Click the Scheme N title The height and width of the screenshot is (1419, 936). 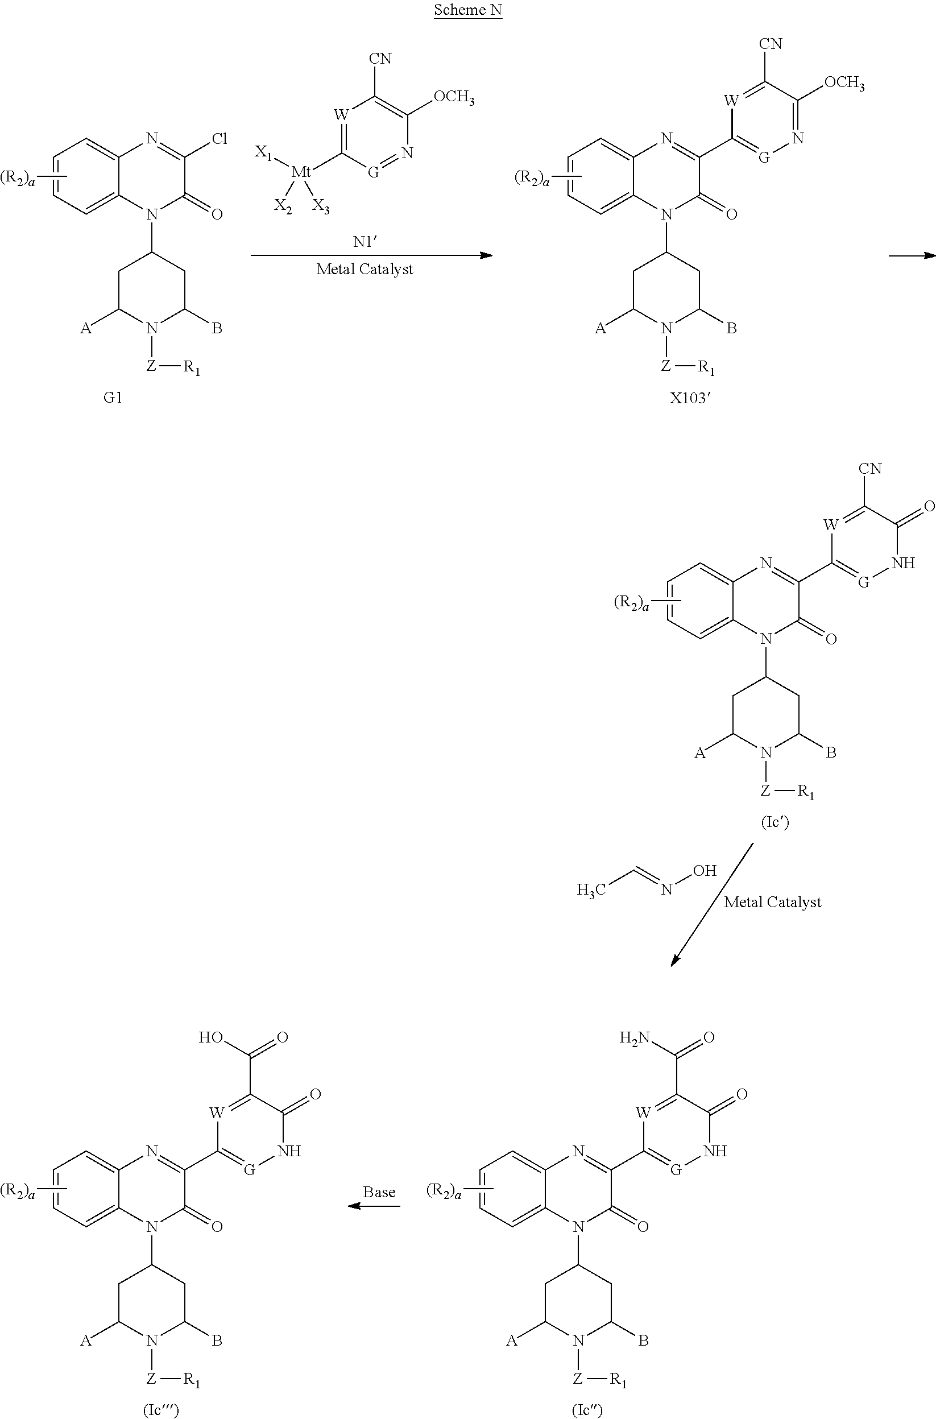467,10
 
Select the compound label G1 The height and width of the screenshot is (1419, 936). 113,398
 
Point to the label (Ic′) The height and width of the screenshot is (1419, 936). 775,822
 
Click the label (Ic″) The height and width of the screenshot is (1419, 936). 587,1410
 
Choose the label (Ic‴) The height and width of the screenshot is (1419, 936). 161,1410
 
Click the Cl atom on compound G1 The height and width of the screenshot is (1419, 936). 219,139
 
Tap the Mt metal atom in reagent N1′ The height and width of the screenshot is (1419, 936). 301,172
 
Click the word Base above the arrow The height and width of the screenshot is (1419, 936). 379,1192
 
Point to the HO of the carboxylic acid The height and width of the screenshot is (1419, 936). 211,1037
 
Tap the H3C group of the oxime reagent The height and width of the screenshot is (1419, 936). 591,890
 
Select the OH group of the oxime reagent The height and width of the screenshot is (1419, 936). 705,871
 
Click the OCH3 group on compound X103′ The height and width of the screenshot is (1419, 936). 844,82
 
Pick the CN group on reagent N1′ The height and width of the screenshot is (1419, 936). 380,59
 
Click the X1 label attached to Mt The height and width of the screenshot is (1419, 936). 263,153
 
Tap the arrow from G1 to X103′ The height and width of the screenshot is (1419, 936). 371,255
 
